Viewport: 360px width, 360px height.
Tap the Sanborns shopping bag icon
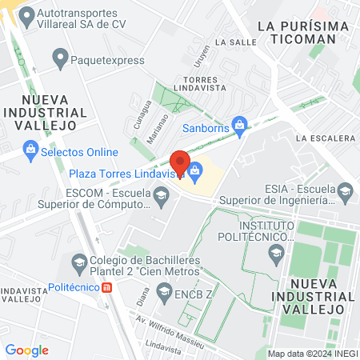[238, 126]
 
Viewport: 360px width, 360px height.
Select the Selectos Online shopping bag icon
[30, 149]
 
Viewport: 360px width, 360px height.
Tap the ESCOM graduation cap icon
[162, 195]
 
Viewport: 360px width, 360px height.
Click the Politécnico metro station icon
[106, 288]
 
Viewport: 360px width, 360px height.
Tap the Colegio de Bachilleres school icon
[79, 261]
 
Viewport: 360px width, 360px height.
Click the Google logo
[26, 350]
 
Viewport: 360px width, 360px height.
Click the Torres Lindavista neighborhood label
[205, 85]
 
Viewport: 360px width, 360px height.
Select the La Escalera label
[324, 138]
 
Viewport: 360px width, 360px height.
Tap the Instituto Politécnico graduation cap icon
[276, 254]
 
